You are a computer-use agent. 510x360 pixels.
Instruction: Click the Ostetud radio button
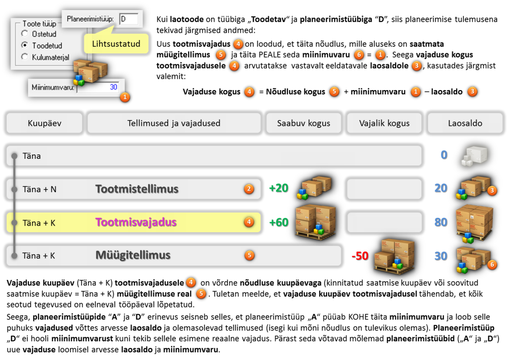pyautogui.click(x=25, y=33)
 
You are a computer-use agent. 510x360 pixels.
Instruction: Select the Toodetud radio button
pyautogui.click(x=25, y=45)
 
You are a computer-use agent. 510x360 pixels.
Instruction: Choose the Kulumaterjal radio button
pyautogui.click(x=25, y=57)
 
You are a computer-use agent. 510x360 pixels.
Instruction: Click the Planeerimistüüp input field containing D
pyautogui.click(x=129, y=19)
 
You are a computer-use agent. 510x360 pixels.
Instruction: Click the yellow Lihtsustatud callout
pyautogui.click(x=116, y=43)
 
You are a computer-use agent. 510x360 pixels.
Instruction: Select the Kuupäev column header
pyautogui.click(x=44, y=123)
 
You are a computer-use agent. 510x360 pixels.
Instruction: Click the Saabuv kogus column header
pyautogui.click(x=304, y=123)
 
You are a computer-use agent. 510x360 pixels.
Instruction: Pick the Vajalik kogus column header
pyautogui.click(x=384, y=123)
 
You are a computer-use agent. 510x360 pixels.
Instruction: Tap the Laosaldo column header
pyautogui.click(x=465, y=123)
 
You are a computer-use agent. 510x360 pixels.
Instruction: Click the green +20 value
pyautogui.click(x=279, y=188)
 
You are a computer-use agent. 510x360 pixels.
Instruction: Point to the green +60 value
pyautogui.click(x=279, y=222)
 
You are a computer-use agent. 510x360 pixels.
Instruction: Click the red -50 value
pyautogui.click(x=360, y=256)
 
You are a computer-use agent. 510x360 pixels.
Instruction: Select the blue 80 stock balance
pyautogui.click(x=441, y=222)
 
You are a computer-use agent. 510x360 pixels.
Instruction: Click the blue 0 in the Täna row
pyautogui.click(x=444, y=155)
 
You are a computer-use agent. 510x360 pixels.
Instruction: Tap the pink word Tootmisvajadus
pyautogui.click(x=136, y=222)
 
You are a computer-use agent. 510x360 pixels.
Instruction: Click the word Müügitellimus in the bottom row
pyautogui.click(x=133, y=255)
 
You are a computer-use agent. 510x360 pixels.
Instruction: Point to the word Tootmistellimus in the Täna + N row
pyautogui.click(x=137, y=189)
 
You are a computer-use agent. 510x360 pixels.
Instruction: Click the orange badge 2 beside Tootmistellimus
pyautogui.click(x=249, y=189)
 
